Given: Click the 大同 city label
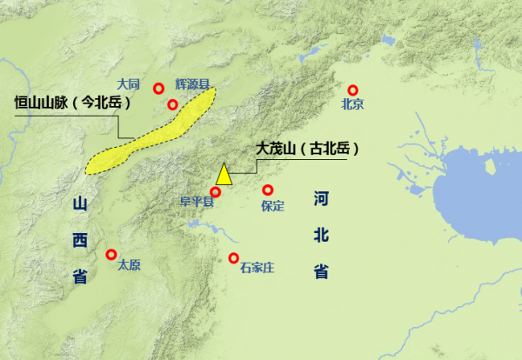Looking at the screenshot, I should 129,84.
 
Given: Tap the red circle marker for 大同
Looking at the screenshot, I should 158,88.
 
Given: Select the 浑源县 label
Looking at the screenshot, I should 193,84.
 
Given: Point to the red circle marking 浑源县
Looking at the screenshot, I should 172,105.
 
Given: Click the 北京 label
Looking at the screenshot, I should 352,105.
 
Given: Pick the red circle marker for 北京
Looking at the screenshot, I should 353,90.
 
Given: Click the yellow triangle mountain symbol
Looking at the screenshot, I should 224,175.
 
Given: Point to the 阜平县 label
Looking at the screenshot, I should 196,203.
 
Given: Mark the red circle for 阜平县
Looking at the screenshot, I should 216,191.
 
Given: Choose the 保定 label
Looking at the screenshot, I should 272,206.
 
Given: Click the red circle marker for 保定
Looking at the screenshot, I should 268,190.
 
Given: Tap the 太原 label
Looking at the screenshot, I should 129,265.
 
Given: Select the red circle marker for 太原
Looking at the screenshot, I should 110,254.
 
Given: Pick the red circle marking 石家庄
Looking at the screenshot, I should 234,257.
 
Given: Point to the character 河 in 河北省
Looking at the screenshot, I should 321,200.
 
